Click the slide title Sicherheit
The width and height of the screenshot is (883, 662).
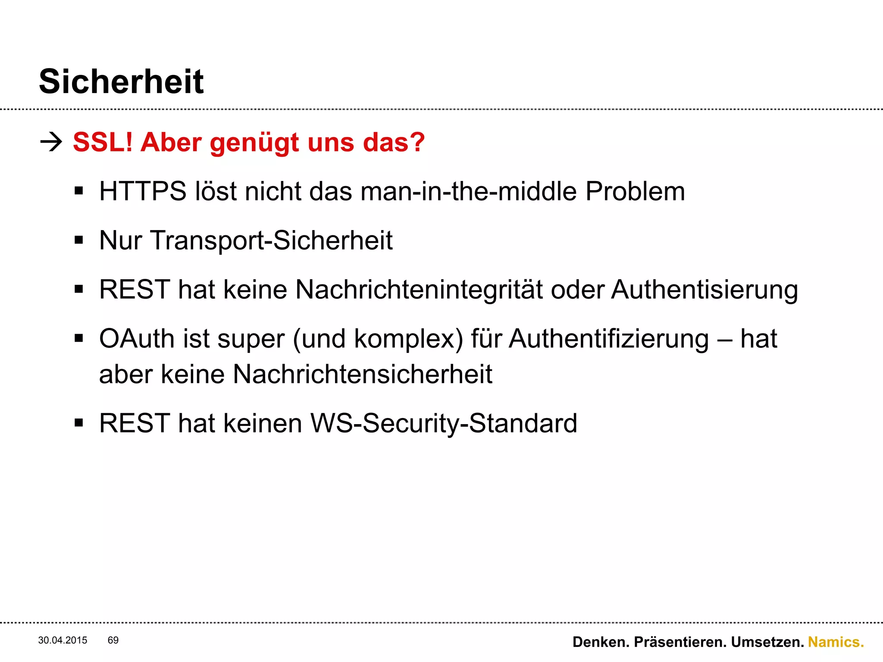tap(121, 81)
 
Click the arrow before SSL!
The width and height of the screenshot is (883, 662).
tap(51, 142)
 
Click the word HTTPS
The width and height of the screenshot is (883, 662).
tap(142, 191)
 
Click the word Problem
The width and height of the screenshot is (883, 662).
tap(635, 191)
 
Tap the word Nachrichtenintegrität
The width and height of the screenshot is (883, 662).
tap(419, 289)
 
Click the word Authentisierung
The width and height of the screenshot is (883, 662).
tap(705, 289)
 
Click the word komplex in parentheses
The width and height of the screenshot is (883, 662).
tap(408, 339)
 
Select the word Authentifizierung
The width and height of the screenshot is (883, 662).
tap(608, 339)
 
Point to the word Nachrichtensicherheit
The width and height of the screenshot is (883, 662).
tap(362, 374)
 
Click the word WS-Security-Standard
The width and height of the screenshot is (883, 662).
tap(444, 423)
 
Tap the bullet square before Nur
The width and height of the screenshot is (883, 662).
tap(78, 240)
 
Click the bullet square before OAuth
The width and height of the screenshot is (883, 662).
tap(78, 338)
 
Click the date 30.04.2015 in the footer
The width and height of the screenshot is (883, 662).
tap(63, 640)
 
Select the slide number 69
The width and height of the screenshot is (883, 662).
tap(113, 640)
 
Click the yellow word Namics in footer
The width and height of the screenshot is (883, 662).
tap(836, 642)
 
